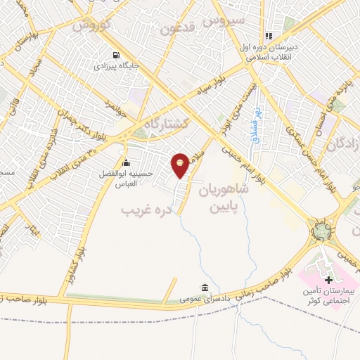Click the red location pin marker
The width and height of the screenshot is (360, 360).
click(x=180, y=165)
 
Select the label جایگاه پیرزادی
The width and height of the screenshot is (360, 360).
click(x=117, y=67)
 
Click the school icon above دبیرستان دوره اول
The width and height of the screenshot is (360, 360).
click(x=268, y=36)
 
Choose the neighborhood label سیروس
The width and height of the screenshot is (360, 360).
click(x=224, y=20)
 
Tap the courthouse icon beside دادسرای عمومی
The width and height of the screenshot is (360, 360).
click(x=205, y=288)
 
